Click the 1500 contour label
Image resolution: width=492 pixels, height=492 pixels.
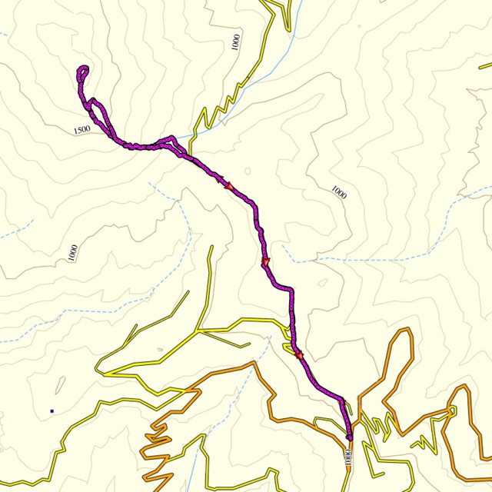[x=82, y=130]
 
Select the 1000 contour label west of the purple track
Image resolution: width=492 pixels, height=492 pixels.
[x=72, y=252]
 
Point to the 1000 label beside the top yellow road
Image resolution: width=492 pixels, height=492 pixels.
[x=235, y=42]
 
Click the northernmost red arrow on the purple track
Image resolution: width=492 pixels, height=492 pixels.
[x=228, y=185]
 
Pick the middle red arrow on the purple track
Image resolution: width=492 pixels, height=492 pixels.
[x=266, y=263]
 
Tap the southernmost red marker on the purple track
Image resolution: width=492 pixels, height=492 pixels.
[x=299, y=354]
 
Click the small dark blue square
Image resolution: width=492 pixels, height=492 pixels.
[x=52, y=411]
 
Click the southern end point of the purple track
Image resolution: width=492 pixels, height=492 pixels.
[x=349, y=437]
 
